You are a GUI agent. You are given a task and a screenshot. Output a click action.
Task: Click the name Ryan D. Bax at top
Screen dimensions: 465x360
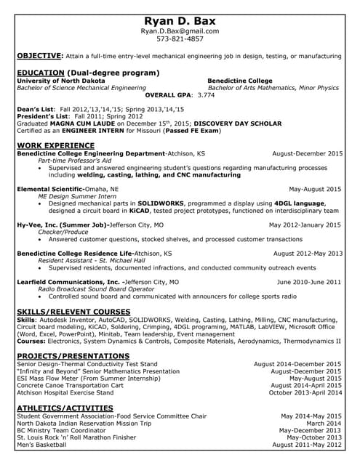[x=180, y=21]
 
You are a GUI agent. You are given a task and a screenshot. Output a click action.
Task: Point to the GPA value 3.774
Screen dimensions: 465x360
[x=206, y=95]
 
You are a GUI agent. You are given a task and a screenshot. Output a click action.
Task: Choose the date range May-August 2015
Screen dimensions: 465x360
[x=314, y=189]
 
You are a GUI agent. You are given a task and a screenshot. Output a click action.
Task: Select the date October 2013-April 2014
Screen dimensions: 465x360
[x=305, y=392]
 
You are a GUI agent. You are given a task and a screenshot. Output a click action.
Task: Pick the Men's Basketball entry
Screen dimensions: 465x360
[x=42, y=445]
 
